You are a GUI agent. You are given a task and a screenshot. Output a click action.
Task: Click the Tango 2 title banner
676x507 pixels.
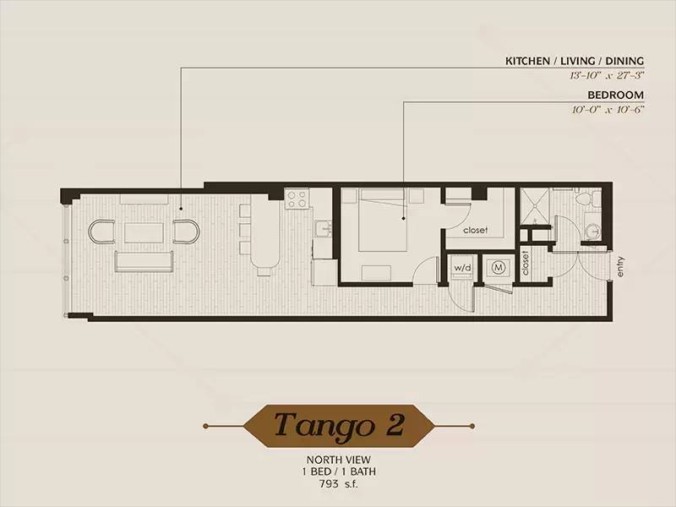pyautogui.click(x=339, y=426)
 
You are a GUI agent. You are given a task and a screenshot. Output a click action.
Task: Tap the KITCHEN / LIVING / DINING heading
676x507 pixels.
pyautogui.click(x=575, y=61)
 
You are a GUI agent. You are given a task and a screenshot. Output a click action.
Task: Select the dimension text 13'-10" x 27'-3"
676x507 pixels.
pyautogui.click(x=606, y=75)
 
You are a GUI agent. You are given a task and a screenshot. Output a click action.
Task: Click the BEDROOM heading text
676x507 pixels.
pyautogui.click(x=616, y=95)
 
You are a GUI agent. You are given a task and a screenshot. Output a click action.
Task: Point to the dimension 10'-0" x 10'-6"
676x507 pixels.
pyautogui.click(x=608, y=110)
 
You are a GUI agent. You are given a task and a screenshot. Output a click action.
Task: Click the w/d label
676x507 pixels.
pyautogui.click(x=462, y=268)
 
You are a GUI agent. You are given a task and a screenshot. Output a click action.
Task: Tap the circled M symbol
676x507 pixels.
pyautogui.click(x=499, y=268)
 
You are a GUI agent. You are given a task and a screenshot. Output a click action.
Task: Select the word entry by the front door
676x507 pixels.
pyautogui.click(x=620, y=267)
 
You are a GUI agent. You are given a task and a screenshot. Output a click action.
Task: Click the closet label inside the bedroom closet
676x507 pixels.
pyautogui.click(x=475, y=230)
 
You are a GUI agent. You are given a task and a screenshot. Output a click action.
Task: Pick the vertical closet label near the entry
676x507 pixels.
pyautogui.click(x=525, y=263)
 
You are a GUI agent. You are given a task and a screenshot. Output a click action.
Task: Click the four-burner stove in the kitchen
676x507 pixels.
pyautogui.click(x=297, y=199)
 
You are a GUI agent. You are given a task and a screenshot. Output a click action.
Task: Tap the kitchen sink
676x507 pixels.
pyautogui.click(x=323, y=228)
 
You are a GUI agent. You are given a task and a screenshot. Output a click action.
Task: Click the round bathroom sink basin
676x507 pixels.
pyautogui.click(x=593, y=232)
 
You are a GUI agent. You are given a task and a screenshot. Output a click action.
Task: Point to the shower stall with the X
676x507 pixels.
pyautogui.click(x=534, y=205)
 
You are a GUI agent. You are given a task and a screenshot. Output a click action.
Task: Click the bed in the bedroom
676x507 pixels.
pyautogui.click(x=383, y=220)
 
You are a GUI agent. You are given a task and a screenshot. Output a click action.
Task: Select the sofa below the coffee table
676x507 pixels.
pyautogui.click(x=144, y=262)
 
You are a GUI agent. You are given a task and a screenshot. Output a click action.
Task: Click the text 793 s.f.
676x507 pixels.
pyautogui.click(x=339, y=483)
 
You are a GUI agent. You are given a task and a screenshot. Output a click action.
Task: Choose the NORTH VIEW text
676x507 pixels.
pyautogui.click(x=339, y=460)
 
